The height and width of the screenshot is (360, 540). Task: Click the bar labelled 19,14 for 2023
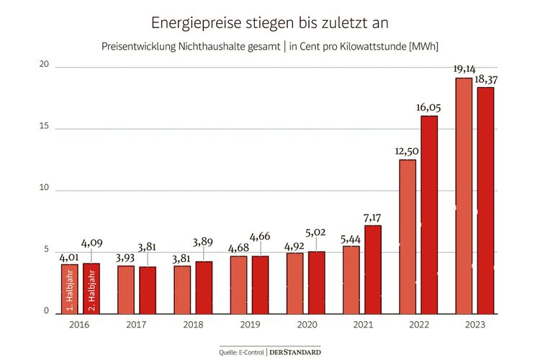click(464, 194)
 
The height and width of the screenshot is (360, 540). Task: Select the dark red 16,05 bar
click(429, 214)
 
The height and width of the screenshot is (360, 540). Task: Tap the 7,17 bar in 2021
click(373, 269)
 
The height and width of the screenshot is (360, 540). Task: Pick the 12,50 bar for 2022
click(408, 235)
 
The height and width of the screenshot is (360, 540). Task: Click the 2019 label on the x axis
click(249, 325)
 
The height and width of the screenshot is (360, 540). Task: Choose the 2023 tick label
click(474, 325)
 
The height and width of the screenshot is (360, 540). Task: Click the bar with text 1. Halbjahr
click(70, 288)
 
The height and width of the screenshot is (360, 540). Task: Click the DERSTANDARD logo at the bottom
click(295, 351)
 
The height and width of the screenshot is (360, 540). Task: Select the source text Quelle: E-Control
click(242, 351)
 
